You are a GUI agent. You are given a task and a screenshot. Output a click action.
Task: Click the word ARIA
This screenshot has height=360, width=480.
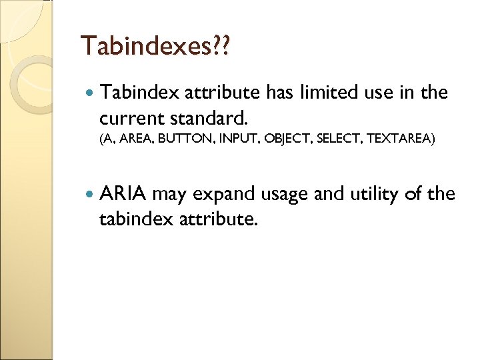(123, 195)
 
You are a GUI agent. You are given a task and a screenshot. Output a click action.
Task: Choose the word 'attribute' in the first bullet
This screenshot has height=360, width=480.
(223, 93)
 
